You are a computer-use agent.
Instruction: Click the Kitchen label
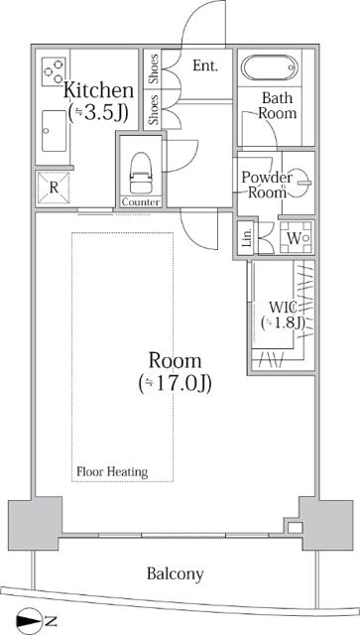point(99,90)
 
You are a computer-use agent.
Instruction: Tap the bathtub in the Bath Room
point(270,67)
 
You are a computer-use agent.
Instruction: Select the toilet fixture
point(140,173)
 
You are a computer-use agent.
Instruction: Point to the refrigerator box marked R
point(53,188)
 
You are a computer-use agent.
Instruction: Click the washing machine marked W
point(296,238)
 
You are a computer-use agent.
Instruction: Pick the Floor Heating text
point(112,472)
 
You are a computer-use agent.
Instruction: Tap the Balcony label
point(176,573)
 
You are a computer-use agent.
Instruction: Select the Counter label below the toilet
point(141,202)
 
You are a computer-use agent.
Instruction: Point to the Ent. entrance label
point(205,65)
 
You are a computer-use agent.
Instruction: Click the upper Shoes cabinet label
point(154,68)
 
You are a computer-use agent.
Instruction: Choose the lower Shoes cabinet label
point(154,109)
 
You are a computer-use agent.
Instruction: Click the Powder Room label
point(267,185)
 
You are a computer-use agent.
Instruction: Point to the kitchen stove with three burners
point(54,71)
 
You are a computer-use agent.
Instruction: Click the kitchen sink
point(54,130)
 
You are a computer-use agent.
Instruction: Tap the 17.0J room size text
point(175,384)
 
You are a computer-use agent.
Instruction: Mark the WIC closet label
point(283,308)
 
